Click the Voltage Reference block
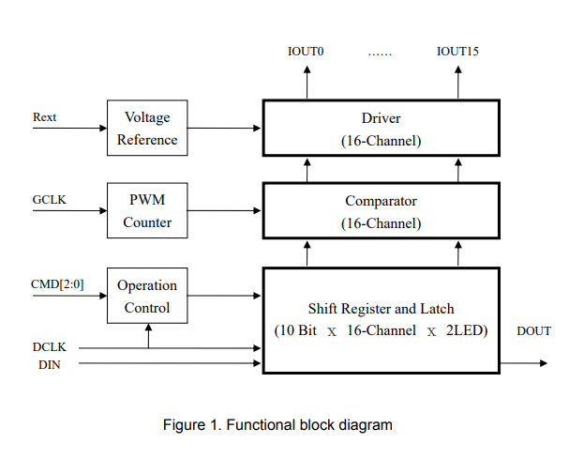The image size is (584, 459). (x=147, y=129)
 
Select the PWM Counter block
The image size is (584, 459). (x=147, y=211)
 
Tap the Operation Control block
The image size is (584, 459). (x=147, y=296)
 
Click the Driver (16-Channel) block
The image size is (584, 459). (x=381, y=130)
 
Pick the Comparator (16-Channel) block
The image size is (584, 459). (x=381, y=212)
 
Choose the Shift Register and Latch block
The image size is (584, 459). (x=381, y=319)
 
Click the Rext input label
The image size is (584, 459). (x=44, y=117)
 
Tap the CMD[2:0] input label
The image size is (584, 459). (x=56, y=284)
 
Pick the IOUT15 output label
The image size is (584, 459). (x=457, y=51)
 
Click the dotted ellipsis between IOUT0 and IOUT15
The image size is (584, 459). (x=380, y=53)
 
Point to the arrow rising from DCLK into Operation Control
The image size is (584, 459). (x=148, y=335)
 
